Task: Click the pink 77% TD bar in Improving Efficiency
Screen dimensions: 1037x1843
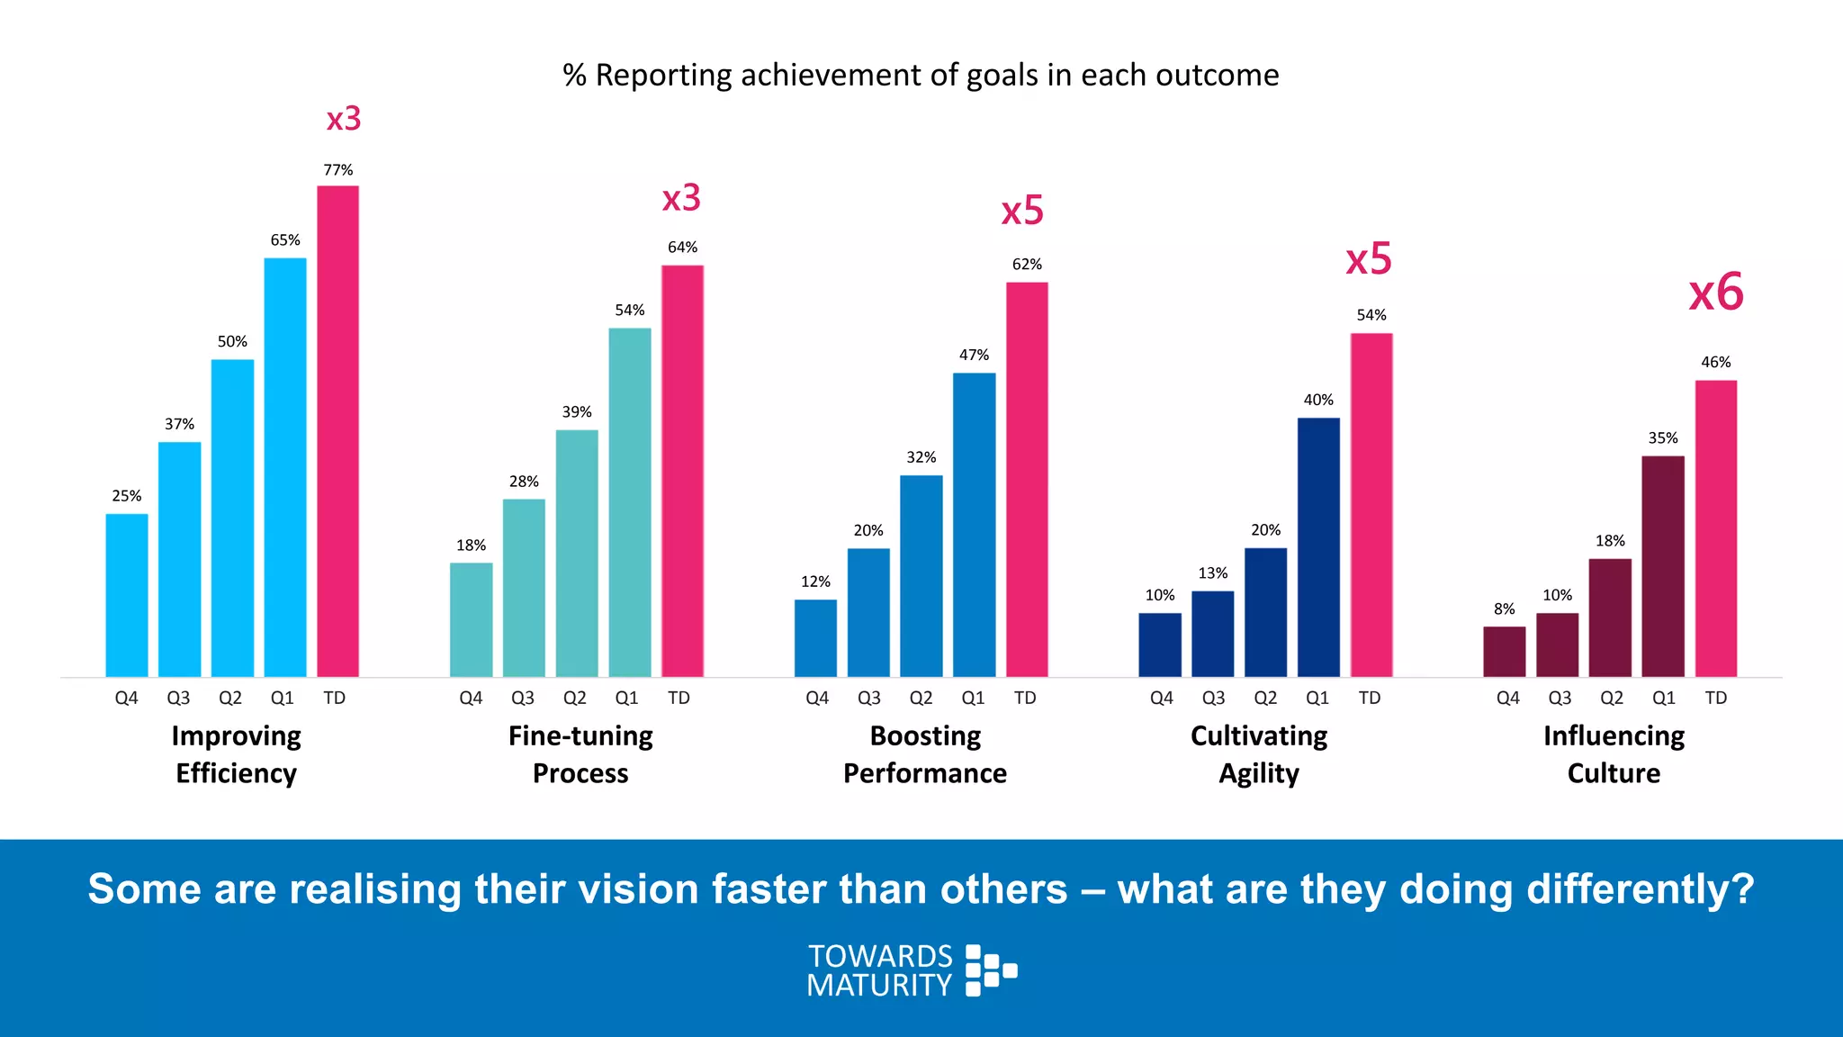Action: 337,432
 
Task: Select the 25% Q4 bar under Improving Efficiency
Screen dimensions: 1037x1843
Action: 127,595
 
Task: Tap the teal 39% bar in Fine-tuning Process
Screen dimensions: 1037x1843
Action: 577,553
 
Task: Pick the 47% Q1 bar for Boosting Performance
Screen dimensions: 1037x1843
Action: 974,525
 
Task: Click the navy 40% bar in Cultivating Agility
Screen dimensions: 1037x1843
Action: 1318,547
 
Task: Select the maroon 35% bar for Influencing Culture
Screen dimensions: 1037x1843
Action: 1662,566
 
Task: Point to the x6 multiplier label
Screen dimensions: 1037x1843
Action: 1715,293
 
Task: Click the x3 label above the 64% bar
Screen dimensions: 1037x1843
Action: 681,198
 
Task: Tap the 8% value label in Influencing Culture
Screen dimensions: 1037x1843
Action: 1504,609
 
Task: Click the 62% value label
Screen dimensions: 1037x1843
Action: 1027,265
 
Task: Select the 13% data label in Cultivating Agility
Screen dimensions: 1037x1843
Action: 1212,573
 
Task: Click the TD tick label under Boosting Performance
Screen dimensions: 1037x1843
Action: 1025,698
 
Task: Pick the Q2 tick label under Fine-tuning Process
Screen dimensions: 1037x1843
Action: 574,698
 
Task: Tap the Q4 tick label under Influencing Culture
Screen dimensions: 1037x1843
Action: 1507,698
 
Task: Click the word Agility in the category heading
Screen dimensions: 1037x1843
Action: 1259,774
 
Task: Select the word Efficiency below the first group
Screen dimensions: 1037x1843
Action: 236,774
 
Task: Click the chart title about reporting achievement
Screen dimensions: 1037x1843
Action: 921,75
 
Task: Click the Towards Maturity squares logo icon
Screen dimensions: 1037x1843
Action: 990,970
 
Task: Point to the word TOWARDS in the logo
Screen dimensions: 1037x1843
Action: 879,956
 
